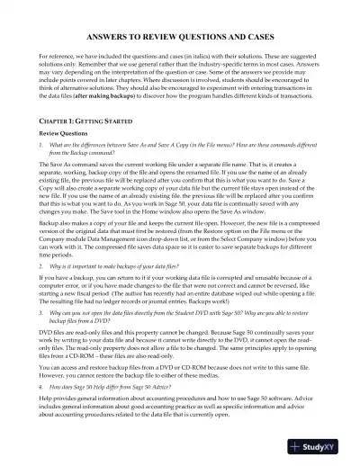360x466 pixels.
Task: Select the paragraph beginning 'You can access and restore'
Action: click(x=179, y=397)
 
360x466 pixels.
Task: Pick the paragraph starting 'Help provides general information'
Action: click(x=179, y=430)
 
